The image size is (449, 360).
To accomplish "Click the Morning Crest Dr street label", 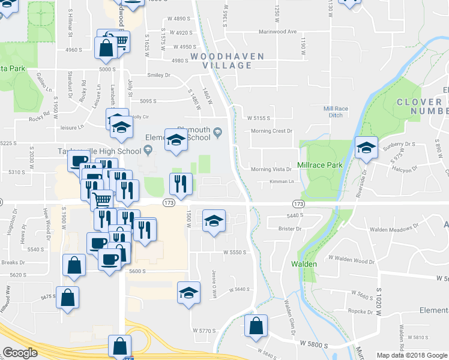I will (271, 131).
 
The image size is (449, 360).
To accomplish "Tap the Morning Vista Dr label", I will (271, 170).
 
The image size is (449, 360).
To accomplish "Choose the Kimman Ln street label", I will (281, 181).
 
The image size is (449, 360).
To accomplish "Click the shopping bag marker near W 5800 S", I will (256, 326).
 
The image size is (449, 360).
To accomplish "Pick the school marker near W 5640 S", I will (188, 293).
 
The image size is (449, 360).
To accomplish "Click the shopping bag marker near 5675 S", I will (67, 296).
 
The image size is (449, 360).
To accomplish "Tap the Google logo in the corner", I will (20, 353).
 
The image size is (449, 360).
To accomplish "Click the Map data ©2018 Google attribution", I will (412, 355).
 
